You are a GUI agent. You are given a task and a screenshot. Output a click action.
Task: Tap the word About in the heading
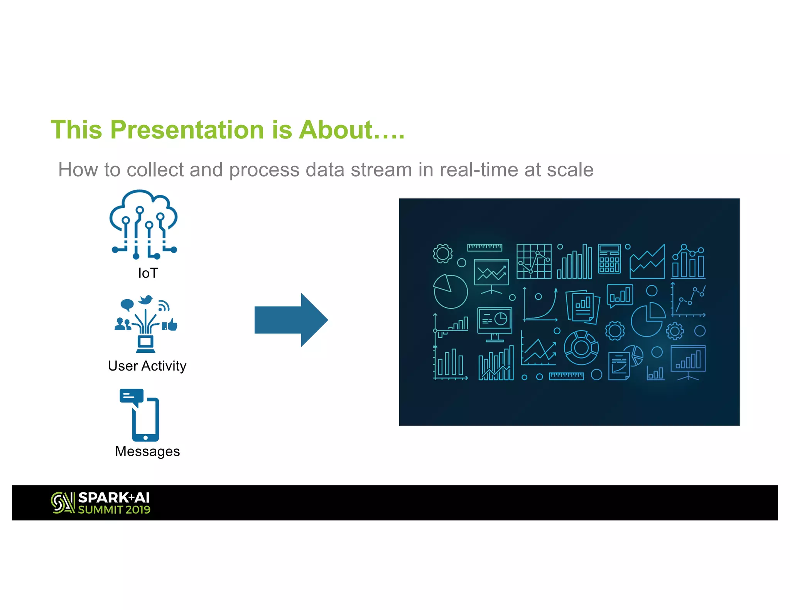point(336,130)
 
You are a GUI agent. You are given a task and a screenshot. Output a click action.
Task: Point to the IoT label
point(148,273)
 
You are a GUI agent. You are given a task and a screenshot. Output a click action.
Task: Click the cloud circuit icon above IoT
point(143,224)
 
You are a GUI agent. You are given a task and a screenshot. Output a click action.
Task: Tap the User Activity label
point(147,366)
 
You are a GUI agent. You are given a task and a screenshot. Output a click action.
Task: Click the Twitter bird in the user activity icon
point(145,300)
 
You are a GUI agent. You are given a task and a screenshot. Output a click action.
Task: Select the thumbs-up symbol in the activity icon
point(172,325)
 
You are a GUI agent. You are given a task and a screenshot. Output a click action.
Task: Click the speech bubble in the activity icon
point(127,305)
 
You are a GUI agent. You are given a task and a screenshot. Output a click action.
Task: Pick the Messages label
point(147,451)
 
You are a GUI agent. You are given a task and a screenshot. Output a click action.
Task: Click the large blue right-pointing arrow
point(291,320)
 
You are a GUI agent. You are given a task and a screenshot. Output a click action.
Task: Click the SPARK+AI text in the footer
point(114,498)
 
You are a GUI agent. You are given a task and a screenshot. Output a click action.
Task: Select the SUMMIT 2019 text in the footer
point(114,510)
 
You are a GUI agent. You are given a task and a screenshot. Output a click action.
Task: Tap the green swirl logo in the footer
point(62,503)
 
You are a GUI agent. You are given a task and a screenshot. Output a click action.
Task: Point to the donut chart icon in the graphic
point(581,348)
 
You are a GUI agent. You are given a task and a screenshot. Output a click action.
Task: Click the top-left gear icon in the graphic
point(442,253)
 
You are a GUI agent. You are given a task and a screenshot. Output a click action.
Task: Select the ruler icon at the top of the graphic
point(484,247)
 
